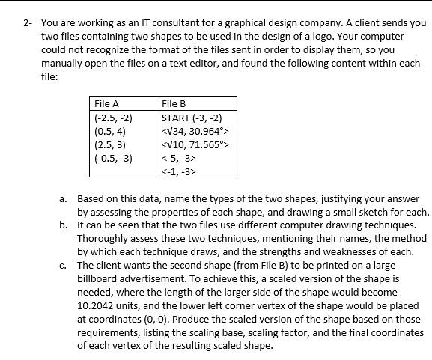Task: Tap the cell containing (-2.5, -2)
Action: point(113,118)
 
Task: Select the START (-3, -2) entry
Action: point(192,118)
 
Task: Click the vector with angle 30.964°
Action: point(192,131)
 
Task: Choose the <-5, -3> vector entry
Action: point(179,158)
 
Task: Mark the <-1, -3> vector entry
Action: point(179,171)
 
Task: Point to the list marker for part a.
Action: point(64,199)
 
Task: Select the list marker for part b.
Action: point(64,225)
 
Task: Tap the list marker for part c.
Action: point(64,265)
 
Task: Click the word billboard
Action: point(99,278)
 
